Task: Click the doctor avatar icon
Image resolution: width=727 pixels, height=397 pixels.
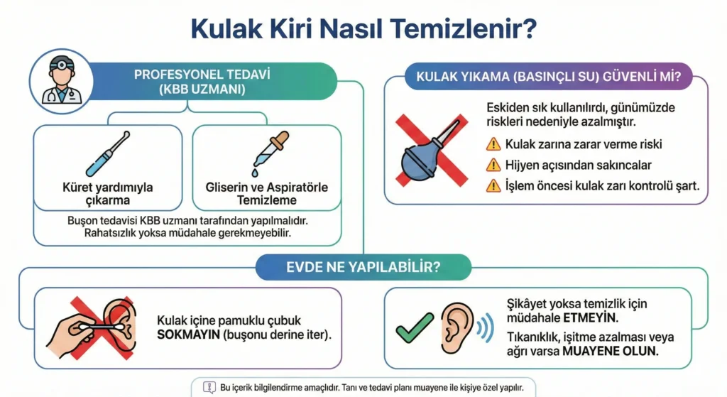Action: pos(61,81)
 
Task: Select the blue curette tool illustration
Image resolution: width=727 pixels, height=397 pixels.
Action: pos(108,153)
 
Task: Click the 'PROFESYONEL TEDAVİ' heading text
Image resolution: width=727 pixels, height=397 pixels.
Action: pos(202,75)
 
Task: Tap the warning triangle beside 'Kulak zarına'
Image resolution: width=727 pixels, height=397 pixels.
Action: pos(493,144)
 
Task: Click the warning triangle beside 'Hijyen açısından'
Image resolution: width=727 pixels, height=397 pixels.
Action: pos(493,165)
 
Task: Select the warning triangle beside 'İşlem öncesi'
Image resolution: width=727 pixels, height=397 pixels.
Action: pos(493,186)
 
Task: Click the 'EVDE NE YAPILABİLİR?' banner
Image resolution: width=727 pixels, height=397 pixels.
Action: pos(363,267)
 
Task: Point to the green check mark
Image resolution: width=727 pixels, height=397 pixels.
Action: pos(415,327)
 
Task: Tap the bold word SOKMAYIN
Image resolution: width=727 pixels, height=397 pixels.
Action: pos(188,335)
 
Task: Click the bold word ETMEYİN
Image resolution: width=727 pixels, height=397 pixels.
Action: pos(591,318)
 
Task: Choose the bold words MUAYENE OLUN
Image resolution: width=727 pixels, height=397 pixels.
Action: pos(610,351)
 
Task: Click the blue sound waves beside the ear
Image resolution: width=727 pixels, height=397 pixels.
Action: pos(485,328)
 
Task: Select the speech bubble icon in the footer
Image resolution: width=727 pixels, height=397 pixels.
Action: pos(209,388)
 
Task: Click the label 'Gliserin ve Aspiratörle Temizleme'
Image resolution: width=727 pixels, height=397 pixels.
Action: pos(267,194)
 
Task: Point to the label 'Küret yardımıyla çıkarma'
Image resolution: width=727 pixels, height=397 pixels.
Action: pos(108,194)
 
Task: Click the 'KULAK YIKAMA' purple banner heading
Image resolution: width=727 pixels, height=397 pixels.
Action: pos(549,77)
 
